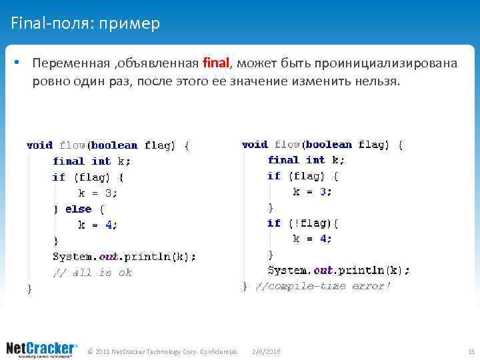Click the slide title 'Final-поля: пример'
[x=85, y=24]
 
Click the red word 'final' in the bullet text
[x=215, y=63]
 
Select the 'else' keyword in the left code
[x=79, y=209]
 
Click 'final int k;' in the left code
[x=92, y=161]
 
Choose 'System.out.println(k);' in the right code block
[x=339, y=270]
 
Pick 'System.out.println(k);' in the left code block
[x=124, y=257]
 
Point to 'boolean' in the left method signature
[x=114, y=145]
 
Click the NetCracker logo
[x=41, y=349]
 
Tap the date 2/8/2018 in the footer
[x=267, y=351]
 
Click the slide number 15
[x=471, y=351]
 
